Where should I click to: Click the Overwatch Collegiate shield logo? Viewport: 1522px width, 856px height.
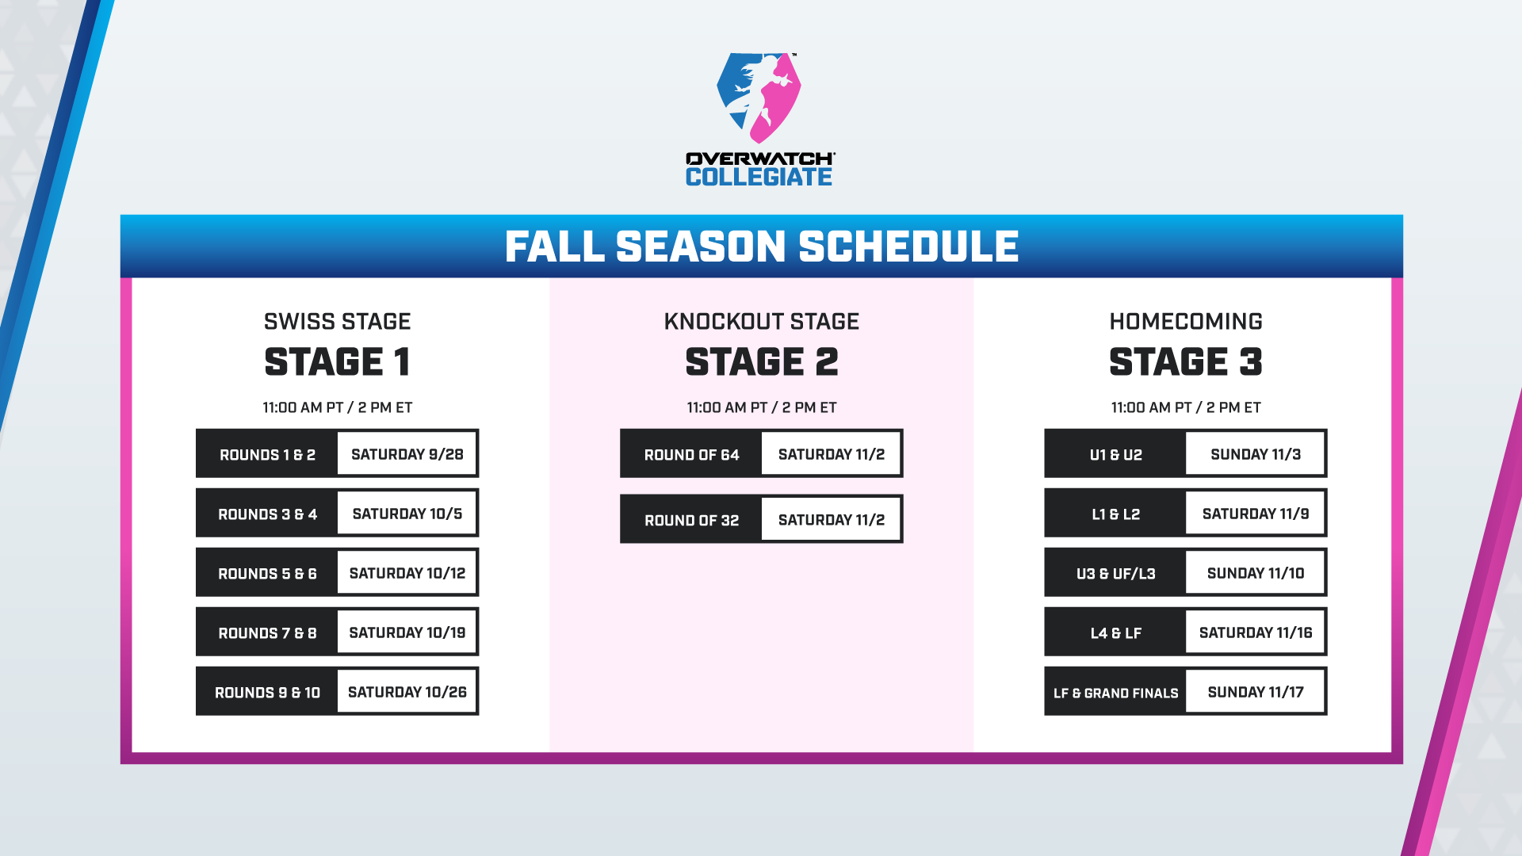759,97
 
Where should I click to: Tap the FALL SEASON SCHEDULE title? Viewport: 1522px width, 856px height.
762,246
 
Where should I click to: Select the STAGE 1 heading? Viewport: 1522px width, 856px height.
338,362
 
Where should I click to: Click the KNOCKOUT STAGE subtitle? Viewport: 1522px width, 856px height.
762,321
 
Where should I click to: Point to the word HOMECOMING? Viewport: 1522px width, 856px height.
1186,321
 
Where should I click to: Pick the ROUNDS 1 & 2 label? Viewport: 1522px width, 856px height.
267,455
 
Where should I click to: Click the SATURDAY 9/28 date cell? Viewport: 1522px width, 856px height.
407,454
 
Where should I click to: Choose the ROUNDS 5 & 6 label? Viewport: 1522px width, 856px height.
267,574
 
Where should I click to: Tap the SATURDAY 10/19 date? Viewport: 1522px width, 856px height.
407,632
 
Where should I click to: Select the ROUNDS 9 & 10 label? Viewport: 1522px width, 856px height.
267,693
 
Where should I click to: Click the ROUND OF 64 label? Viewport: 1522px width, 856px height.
691,455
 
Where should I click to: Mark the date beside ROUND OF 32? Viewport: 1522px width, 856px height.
832,520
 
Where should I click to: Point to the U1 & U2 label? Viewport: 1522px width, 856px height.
1116,455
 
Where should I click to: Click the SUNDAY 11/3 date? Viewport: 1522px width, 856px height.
1256,454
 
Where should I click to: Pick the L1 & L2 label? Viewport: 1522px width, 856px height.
1116,514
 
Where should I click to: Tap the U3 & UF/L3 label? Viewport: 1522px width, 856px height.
1116,574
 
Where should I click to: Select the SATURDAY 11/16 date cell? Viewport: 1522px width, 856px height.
1256,632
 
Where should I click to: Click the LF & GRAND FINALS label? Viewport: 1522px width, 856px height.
1116,693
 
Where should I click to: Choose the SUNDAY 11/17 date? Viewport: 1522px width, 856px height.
1256,692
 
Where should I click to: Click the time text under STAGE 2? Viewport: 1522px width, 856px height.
762,407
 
